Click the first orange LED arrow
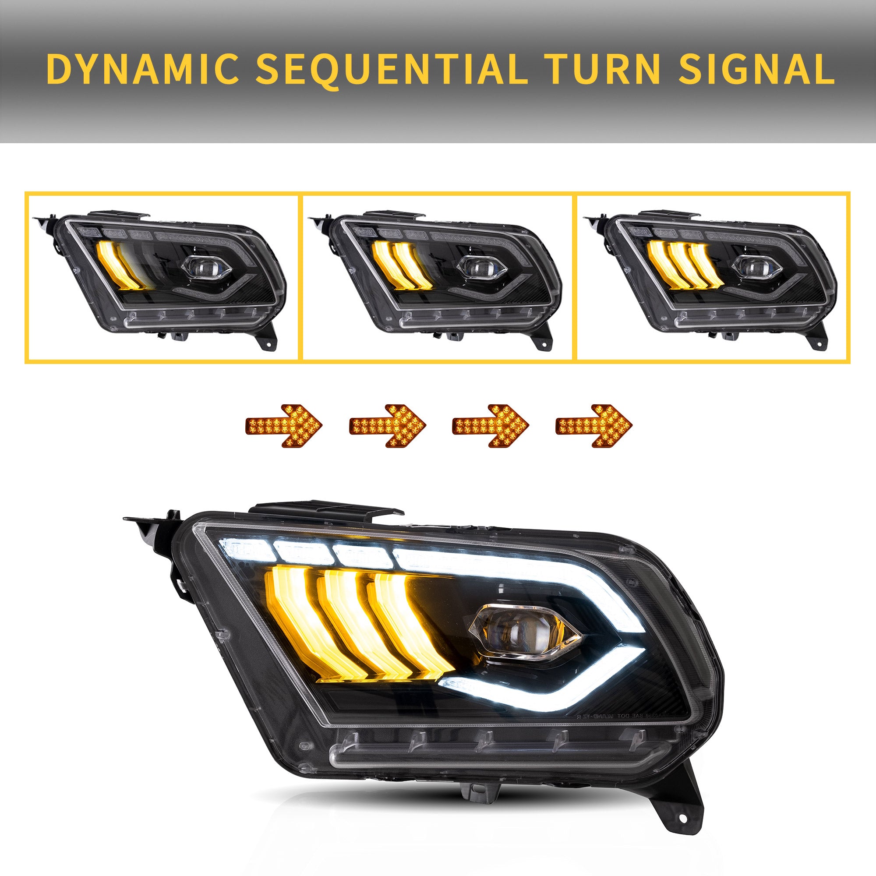pos(283,425)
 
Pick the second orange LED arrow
pos(387,425)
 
